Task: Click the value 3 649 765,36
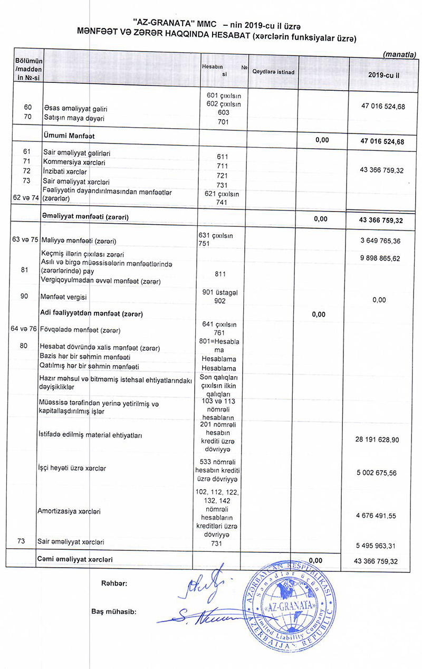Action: click(379, 241)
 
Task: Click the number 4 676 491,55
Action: click(377, 514)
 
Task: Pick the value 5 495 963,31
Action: click(377, 547)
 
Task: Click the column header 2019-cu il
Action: click(383, 75)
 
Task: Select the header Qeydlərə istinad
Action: click(273, 72)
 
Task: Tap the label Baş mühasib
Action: click(114, 612)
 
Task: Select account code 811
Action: click(221, 274)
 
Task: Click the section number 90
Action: click(24, 297)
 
